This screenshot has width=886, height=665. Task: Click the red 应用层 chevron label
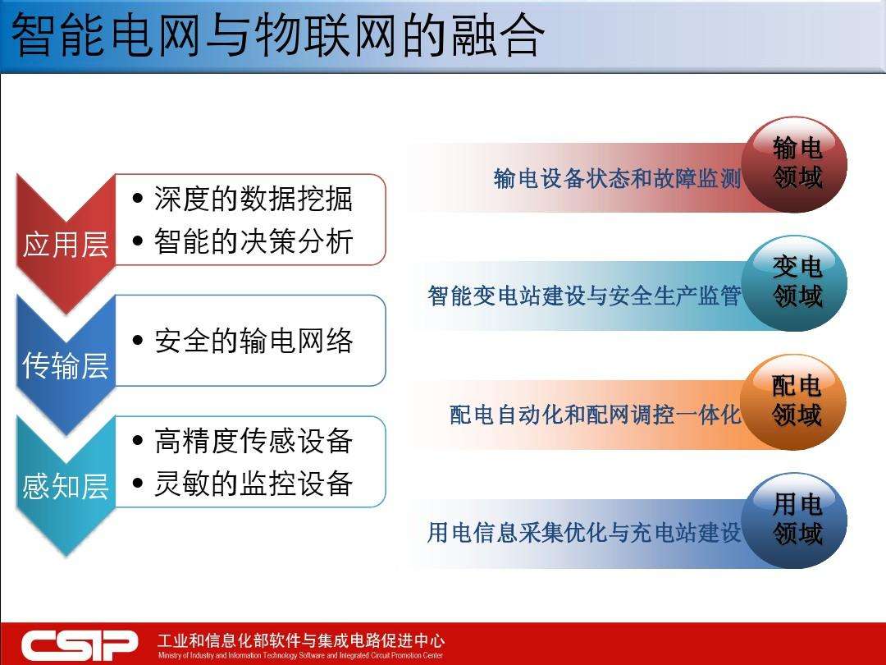[x=66, y=244]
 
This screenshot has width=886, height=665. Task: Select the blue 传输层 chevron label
[x=66, y=365]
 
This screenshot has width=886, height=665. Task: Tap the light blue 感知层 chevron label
[x=66, y=486]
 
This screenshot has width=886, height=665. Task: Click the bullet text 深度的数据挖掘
[x=253, y=199]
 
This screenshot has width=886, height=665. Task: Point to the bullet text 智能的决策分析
[x=253, y=241]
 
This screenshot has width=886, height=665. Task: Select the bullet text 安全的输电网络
[x=253, y=341]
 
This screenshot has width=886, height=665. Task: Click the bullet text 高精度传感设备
[x=253, y=441]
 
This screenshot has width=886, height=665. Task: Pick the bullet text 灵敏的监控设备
[x=253, y=484]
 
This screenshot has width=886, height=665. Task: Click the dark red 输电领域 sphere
[x=796, y=163]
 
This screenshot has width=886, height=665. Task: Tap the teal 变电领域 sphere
[x=796, y=282]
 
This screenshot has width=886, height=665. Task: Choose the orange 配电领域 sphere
[x=796, y=401]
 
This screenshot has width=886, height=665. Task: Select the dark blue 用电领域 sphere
[x=796, y=521]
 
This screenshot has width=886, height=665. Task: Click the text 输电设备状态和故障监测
[x=617, y=178]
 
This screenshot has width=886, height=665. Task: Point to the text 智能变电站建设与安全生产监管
[x=584, y=296]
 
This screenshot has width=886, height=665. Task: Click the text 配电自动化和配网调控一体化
[x=595, y=415]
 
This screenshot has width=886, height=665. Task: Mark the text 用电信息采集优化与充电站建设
[x=584, y=533]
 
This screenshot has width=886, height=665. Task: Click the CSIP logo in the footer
[x=80, y=644]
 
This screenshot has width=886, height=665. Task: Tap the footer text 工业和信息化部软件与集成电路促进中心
[x=300, y=640]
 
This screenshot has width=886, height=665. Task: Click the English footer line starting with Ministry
[x=300, y=656]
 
